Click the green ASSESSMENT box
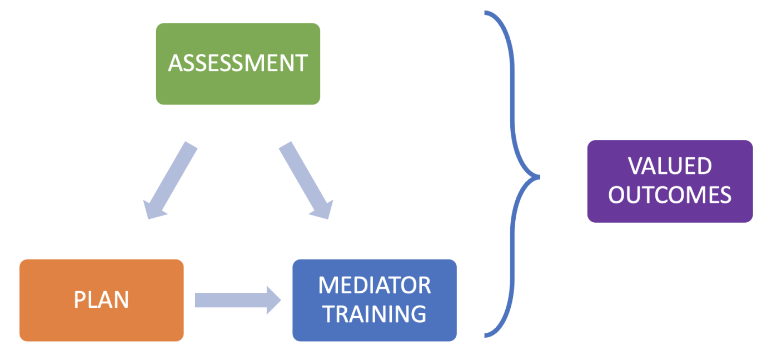click(238, 64)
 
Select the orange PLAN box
click(101, 301)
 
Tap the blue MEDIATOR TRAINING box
click(375, 301)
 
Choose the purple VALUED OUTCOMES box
click(670, 181)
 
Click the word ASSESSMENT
click(238, 63)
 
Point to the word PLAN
click(101, 299)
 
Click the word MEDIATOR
click(375, 285)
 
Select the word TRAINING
click(375, 314)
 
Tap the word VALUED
click(670, 166)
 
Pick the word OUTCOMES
click(670, 195)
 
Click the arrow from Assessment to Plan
click(170, 181)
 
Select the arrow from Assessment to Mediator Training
click(306, 181)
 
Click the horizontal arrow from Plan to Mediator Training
click(238, 300)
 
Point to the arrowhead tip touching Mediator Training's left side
click(281, 300)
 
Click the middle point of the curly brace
click(539, 177)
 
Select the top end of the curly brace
click(485, 13)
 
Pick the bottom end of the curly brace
click(485, 336)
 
